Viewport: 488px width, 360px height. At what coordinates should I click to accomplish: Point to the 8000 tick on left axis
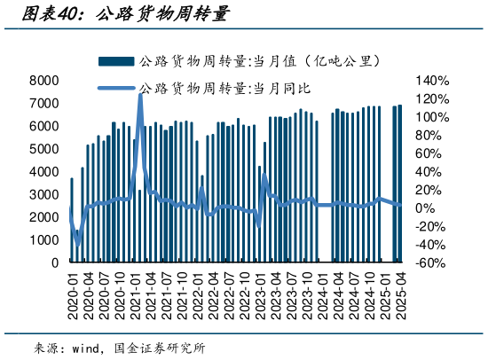pyautogui.click(x=44, y=80)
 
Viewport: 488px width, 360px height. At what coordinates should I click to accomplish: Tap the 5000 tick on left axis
pyautogui.click(x=44, y=149)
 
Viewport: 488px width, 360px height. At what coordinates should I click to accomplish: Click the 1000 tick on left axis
pyautogui.click(x=44, y=240)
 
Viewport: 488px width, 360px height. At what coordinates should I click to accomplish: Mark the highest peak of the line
pyautogui.click(x=140, y=92)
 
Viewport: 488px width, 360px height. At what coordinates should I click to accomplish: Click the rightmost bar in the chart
pyautogui.click(x=399, y=184)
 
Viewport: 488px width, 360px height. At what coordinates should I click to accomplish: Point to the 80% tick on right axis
pyautogui.click(x=431, y=135)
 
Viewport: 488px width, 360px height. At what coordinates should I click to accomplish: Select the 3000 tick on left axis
pyautogui.click(x=44, y=194)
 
